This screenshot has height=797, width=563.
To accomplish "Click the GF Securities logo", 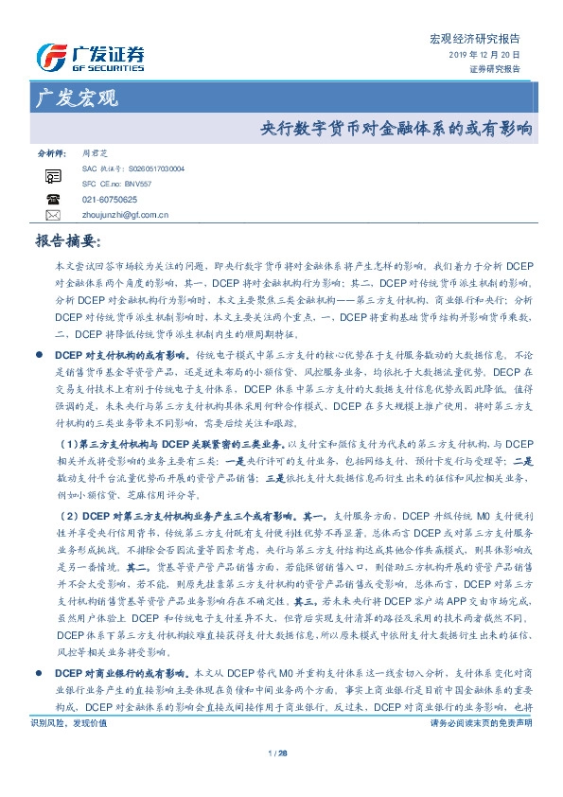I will [90, 57].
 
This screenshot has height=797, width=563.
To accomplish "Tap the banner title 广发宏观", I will [76, 97].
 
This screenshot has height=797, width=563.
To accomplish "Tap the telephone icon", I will [52, 200].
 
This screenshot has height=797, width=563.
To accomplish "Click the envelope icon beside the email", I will [52, 215].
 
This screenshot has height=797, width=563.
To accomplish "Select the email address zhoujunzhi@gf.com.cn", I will [125, 215].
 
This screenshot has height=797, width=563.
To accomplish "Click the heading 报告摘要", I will [66, 241].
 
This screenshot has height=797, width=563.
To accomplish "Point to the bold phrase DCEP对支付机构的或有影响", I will [124, 353].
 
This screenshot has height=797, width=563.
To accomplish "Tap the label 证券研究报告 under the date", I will [494, 69].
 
